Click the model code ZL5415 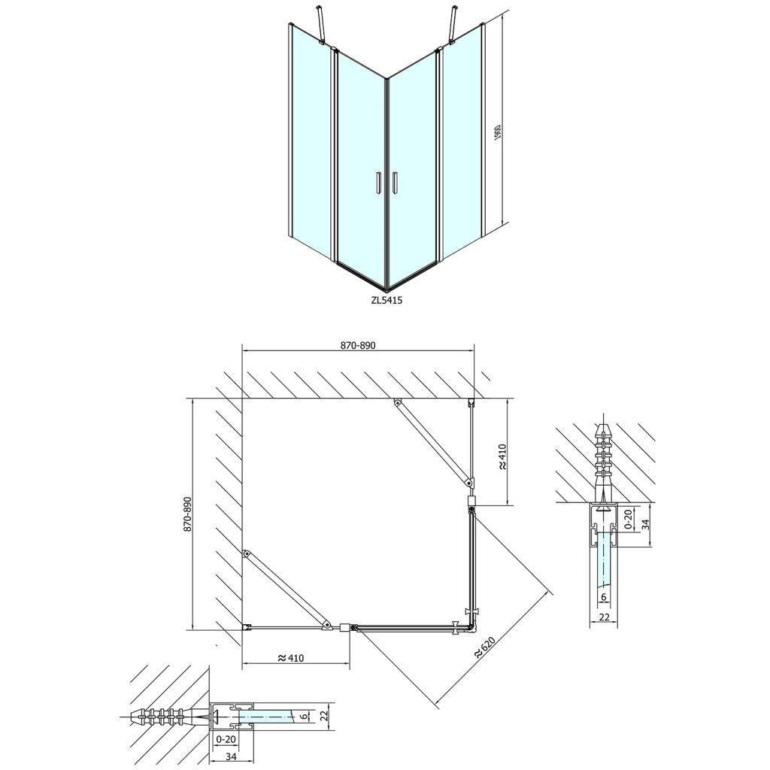pos(387,300)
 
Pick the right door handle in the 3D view pos(394,183)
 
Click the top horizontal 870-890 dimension pos(358,345)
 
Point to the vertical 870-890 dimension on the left pos(187,514)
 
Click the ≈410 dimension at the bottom pos(291,658)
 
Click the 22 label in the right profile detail pos(604,617)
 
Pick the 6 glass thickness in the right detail pos(604,596)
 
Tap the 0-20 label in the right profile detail pos(627,520)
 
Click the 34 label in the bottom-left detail pos(225,755)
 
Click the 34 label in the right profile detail pos(644,524)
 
